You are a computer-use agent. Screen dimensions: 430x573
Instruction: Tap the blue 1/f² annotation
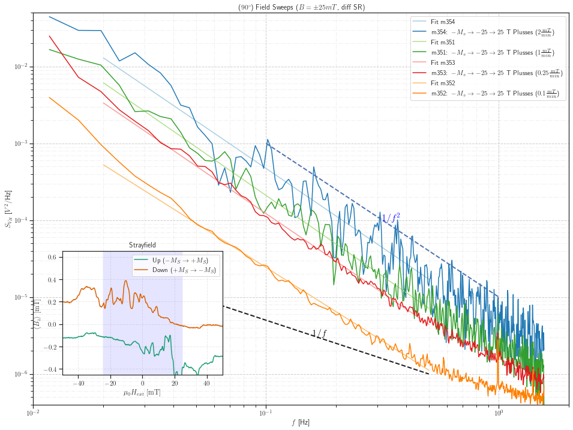coord(391,218)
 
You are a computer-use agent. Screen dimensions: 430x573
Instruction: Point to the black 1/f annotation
coord(319,333)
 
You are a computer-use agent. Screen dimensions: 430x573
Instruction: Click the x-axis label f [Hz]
coord(301,423)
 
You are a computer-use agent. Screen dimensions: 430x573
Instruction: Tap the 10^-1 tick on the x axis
coord(266,413)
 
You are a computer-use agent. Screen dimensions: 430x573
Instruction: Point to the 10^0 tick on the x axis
coord(498,413)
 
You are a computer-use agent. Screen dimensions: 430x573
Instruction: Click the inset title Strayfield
coord(142,245)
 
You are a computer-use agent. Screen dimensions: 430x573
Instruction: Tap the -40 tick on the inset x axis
coord(77,383)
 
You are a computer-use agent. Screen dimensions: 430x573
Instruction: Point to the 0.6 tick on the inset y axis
coord(52,257)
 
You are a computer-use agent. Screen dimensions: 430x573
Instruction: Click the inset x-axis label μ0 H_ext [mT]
coord(142,393)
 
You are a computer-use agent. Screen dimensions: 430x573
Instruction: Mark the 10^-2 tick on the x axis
coord(33,413)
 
